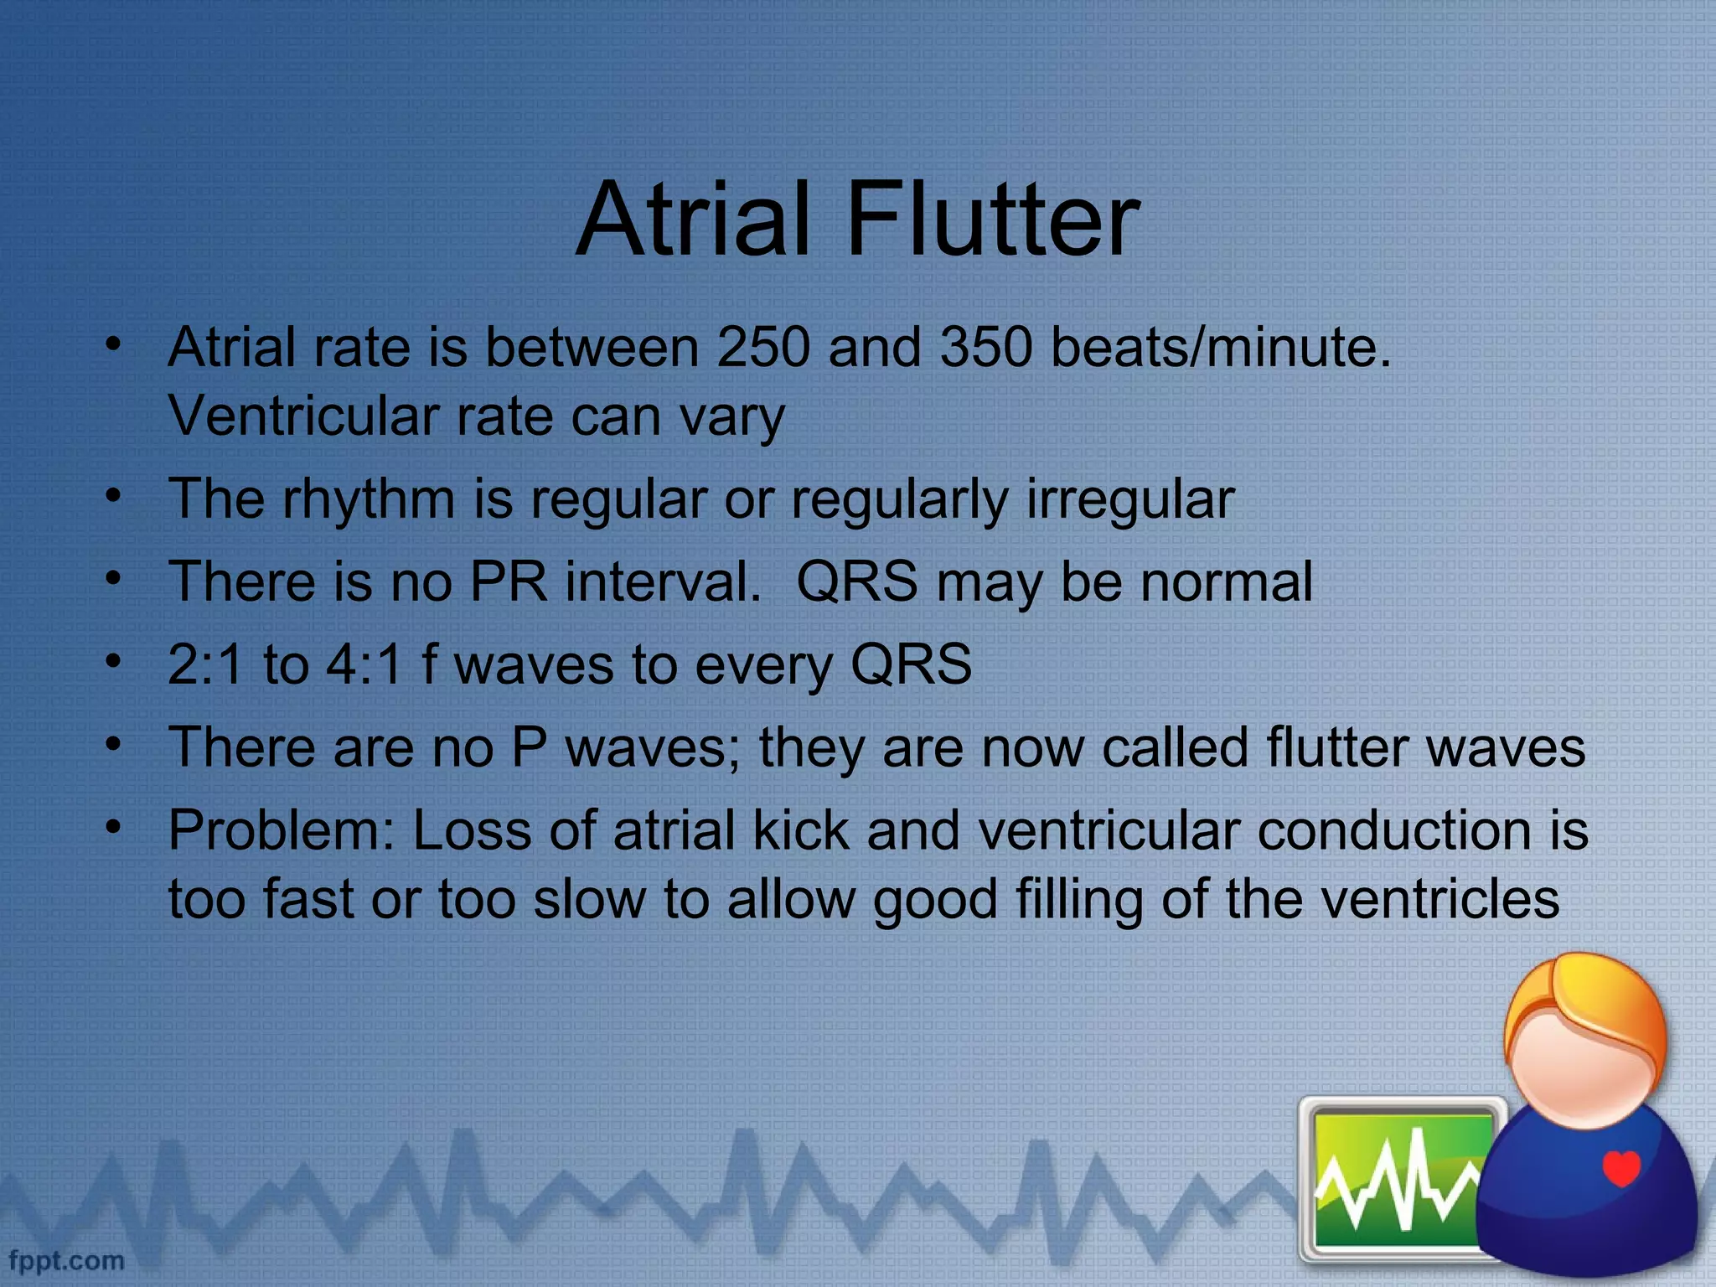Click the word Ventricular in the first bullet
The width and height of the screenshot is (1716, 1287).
tap(303, 416)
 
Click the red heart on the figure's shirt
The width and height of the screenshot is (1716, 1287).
tap(1620, 1167)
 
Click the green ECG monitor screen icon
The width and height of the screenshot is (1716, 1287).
tap(1401, 1179)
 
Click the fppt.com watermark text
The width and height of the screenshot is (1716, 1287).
tap(66, 1260)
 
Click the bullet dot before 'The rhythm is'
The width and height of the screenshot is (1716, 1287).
tap(114, 495)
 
